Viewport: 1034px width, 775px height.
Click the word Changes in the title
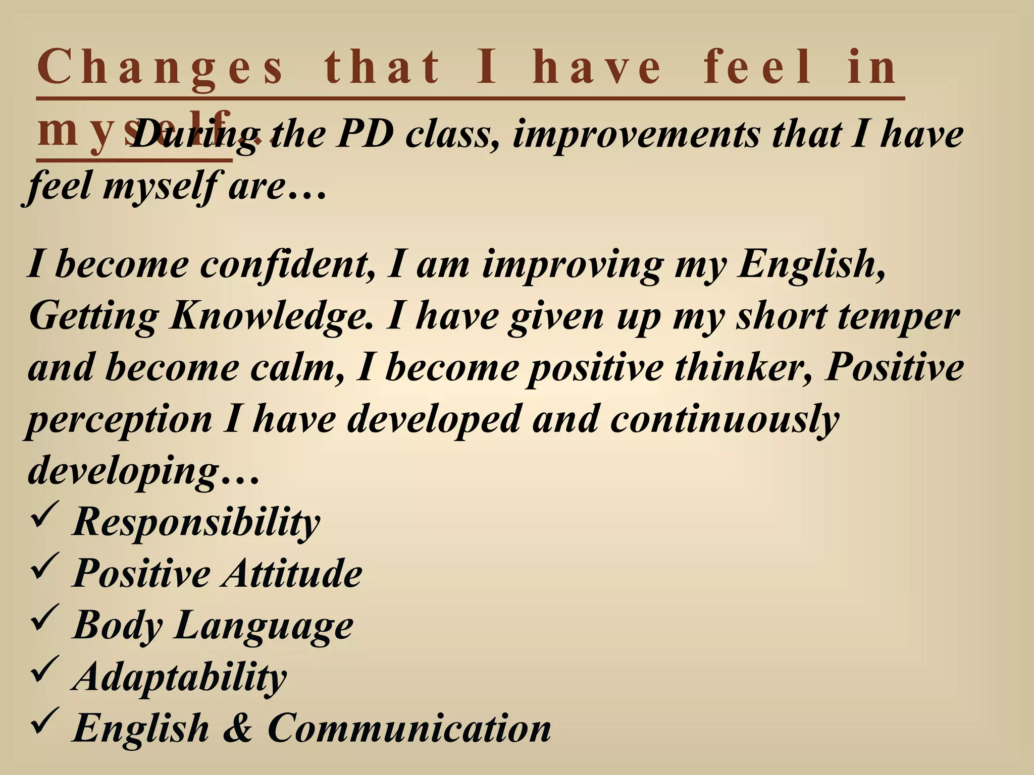tap(161, 68)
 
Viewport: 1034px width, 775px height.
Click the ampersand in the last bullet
tap(237, 728)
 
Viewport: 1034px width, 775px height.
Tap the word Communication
tap(409, 728)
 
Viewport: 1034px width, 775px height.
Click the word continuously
tap(724, 420)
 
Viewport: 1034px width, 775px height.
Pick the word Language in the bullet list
tap(265, 625)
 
